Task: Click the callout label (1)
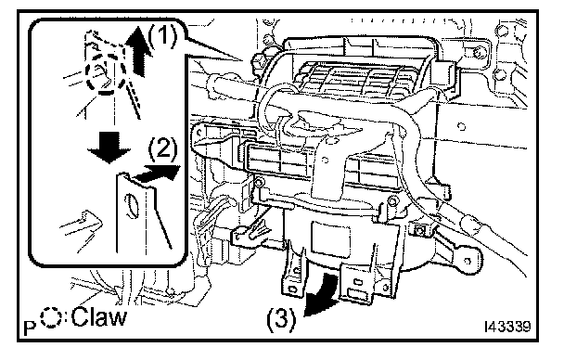click(x=162, y=37)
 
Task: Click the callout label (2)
click(x=163, y=148)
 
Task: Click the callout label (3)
click(x=281, y=319)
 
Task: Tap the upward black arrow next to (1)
click(x=139, y=51)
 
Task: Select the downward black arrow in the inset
click(x=109, y=147)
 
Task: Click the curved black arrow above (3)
click(x=321, y=294)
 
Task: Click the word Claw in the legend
click(x=99, y=316)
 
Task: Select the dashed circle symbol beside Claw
click(x=51, y=317)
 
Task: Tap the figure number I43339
click(x=507, y=327)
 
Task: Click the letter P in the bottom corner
click(x=30, y=328)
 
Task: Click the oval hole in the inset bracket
click(x=132, y=206)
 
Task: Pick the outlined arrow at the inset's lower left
click(x=82, y=225)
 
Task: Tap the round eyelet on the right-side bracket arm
click(x=468, y=261)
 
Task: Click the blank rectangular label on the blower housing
click(x=330, y=238)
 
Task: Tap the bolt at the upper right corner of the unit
click(x=478, y=53)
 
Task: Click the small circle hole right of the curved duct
click(x=461, y=126)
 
